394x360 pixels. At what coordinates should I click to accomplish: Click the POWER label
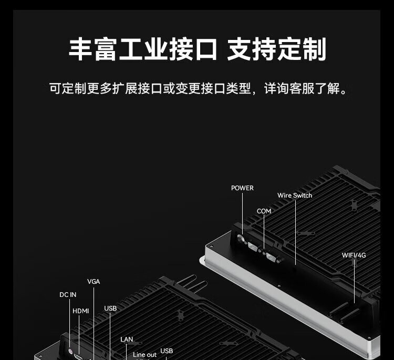[x=242, y=188]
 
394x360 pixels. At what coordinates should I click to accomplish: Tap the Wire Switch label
[x=295, y=196]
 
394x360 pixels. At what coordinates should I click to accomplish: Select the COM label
[x=264, y=211]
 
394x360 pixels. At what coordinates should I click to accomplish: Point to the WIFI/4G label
[x=354, y=255]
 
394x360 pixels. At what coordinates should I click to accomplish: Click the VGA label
[x=94, y=282]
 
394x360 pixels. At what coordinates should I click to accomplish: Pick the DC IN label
[x=68, y=295]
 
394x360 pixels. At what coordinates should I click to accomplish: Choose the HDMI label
[x=81, y=311]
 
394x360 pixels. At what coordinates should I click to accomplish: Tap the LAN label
[x=127, y=340]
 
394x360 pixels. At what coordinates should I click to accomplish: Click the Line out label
[x=144, y=355]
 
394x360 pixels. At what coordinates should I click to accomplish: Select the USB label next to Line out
[x=167, y=351]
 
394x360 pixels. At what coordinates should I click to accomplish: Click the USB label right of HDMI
[x=110, y=308]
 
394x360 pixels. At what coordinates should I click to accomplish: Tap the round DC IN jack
[x=70, y=346]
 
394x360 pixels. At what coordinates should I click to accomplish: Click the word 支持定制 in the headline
[x=277, y=49]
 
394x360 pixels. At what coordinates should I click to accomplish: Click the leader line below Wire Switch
[x=295, y=231]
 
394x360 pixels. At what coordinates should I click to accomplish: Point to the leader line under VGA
[x=94, y=321]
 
